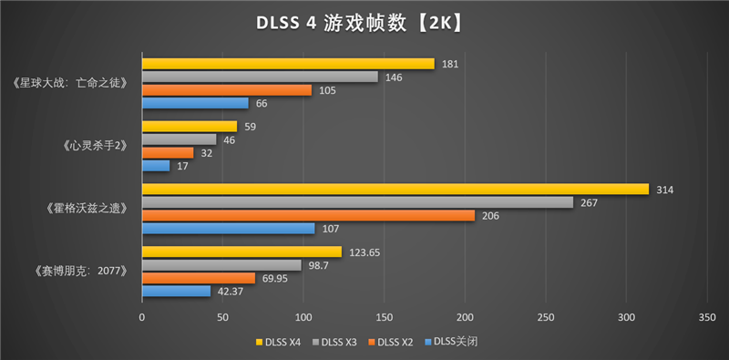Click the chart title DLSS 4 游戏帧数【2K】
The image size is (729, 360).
point(364,22)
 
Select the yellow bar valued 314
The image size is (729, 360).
point(395,189)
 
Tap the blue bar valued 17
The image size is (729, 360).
point(156,166)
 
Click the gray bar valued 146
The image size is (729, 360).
point(260,77)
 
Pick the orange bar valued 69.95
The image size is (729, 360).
point(199,277)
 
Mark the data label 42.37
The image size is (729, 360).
point(241,291)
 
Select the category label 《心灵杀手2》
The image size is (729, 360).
point(94,146)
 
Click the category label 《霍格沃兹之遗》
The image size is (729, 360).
point(85,209)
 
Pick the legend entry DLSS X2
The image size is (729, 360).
point(395,342)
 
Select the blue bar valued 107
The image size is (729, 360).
point(228,228)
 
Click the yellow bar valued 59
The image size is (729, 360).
point(190,126)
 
